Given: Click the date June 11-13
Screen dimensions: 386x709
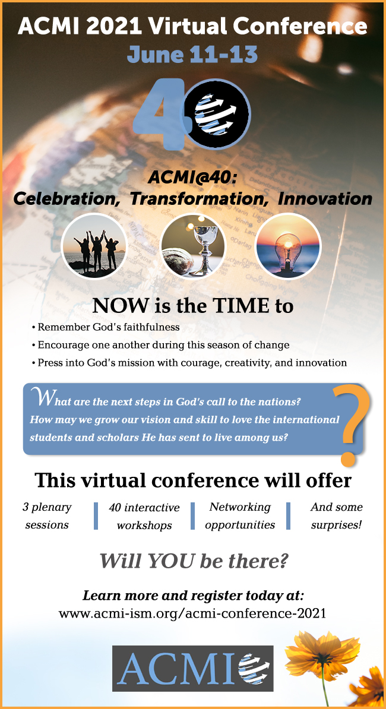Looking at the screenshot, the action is pyautogui.click(x=192, y=54).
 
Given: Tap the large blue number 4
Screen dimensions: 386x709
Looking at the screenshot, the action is pyautogui.click(x=160, y=115).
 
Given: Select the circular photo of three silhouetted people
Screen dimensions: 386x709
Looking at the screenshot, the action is pyautogui.click(x=94, y=245).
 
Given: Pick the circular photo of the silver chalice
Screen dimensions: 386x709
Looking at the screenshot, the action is pyautogui.click(x=193, y=245).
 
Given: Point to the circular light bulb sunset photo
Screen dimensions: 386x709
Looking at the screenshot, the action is pyautogui.click(x=289, y=245).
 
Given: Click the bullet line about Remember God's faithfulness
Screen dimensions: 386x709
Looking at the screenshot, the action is pyautogui.click(x=106, y=327).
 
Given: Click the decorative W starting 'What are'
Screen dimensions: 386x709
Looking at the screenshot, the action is pyautogui.click(x=39, y=397).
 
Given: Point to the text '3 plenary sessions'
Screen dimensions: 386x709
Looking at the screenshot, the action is pyautogui.click(x=47, y=516).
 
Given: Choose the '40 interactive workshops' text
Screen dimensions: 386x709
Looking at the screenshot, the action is pyautogui.click(x=144, y=517).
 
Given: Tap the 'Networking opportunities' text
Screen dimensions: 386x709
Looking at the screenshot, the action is pyautogui.click(x=240, y=515).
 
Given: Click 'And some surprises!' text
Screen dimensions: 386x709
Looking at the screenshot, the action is pyautogui.click(x=337, y=515).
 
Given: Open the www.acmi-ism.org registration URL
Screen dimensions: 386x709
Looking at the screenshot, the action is pyautogui.click(x=192, y=613).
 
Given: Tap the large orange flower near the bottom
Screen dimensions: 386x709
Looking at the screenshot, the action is pyautogui.click(x=321, y=655).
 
